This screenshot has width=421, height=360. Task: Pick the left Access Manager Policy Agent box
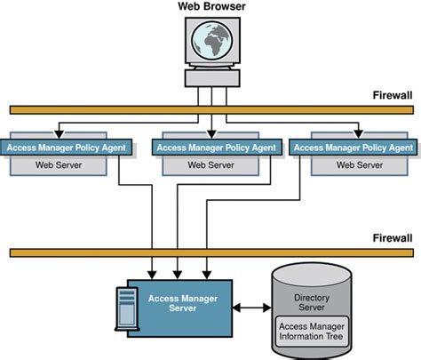tap(68, 147)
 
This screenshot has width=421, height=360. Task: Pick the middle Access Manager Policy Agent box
tap(210, 147)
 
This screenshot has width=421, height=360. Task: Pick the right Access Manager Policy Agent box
tap(353, 147)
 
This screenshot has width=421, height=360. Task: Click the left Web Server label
tap(68, 164)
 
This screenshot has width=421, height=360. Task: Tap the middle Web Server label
tap(210, 164)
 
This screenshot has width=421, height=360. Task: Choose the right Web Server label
tap(353, 164)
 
